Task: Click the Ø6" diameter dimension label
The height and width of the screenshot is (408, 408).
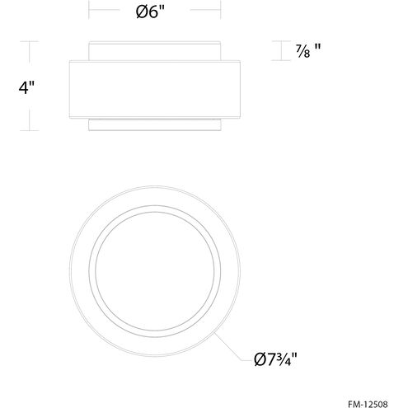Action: [x=150, y=12]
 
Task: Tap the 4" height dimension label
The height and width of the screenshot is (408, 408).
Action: [x=26, y=87]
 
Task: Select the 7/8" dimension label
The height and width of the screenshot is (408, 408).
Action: [x=308, y=51]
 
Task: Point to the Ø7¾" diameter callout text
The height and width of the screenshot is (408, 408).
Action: [x=275, y=359]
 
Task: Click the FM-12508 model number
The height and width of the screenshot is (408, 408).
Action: [x=368, y=404]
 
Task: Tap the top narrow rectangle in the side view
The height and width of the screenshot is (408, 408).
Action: [x=154, y=51]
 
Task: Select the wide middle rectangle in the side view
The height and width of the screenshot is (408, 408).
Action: [x=155, y=89]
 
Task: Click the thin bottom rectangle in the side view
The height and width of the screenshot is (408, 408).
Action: [x=155, y=124]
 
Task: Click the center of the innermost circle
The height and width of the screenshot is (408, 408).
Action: [x=155, y=271]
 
